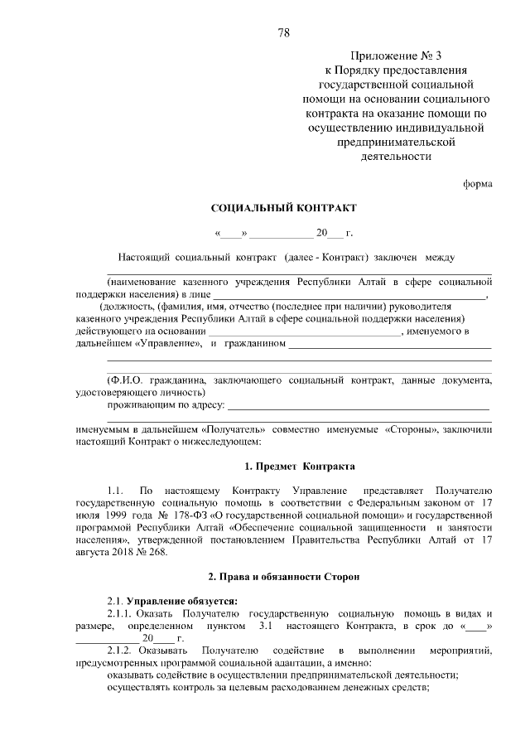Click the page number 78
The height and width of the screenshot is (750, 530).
coord(284,33)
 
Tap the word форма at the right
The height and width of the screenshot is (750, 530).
coord(478,184)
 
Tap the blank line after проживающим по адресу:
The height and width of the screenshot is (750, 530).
coord(358,408)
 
